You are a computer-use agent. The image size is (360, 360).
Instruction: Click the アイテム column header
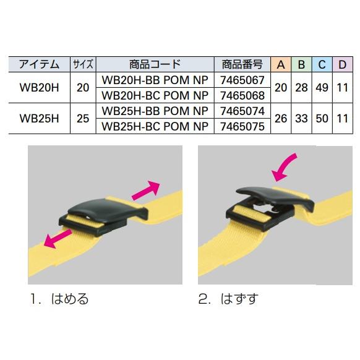(39, 64)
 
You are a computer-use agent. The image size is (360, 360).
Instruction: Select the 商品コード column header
(155, 64)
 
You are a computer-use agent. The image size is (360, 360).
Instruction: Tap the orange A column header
(281, 64)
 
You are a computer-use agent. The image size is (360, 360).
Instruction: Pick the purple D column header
(342, 64)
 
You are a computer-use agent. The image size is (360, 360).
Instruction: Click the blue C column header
(322, 64)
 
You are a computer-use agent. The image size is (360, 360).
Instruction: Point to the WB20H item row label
(39, 87)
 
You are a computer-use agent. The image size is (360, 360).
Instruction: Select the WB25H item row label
(39, 119)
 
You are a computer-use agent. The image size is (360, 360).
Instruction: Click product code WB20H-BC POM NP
(155, 95)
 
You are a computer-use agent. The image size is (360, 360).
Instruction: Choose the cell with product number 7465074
(242, 111)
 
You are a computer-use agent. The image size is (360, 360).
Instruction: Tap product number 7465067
(242, 80)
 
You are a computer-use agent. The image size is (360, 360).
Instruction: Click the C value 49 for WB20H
(322, 87)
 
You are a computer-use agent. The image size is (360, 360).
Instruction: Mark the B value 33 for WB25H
(301, 119)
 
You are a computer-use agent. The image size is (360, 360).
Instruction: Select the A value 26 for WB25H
(281, 119)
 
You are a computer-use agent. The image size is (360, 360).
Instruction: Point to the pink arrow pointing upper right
(146, 190)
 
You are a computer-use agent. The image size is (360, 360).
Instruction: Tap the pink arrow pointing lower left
(58, 239)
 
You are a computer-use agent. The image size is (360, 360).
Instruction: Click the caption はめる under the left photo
(70, 299)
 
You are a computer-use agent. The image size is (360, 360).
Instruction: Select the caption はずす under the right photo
(239, 299)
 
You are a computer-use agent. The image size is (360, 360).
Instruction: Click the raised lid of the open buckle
(275, 196)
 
